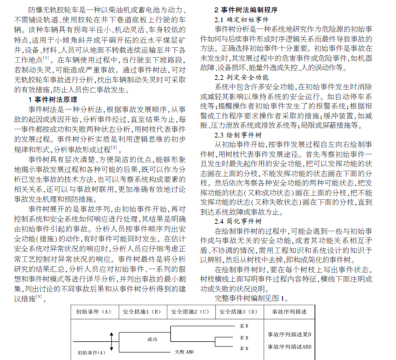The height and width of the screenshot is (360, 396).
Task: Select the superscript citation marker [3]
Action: pos(39,297)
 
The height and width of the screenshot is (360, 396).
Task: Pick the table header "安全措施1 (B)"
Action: pos(142,312)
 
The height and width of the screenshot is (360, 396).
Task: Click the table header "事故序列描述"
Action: pos(289,312)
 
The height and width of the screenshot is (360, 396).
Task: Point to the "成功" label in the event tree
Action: pos(152,338)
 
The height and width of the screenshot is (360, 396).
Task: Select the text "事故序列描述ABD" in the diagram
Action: pos(289,346)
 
